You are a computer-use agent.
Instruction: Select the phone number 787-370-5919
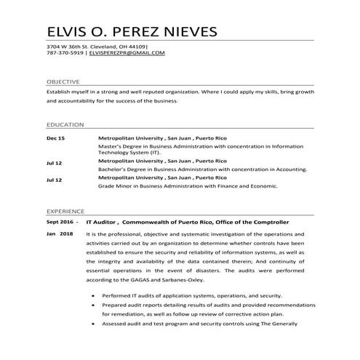point(63,53)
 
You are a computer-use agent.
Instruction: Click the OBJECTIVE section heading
point(63,83)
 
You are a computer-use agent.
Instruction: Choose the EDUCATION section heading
point(63,124)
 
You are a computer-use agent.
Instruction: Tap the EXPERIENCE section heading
point(65,207)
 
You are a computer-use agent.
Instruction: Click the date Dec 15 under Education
point(55,138)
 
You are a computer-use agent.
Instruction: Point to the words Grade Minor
point(115,185)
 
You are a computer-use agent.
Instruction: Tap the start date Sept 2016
point(60,220)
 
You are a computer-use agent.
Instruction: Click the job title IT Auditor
point(102,220)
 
